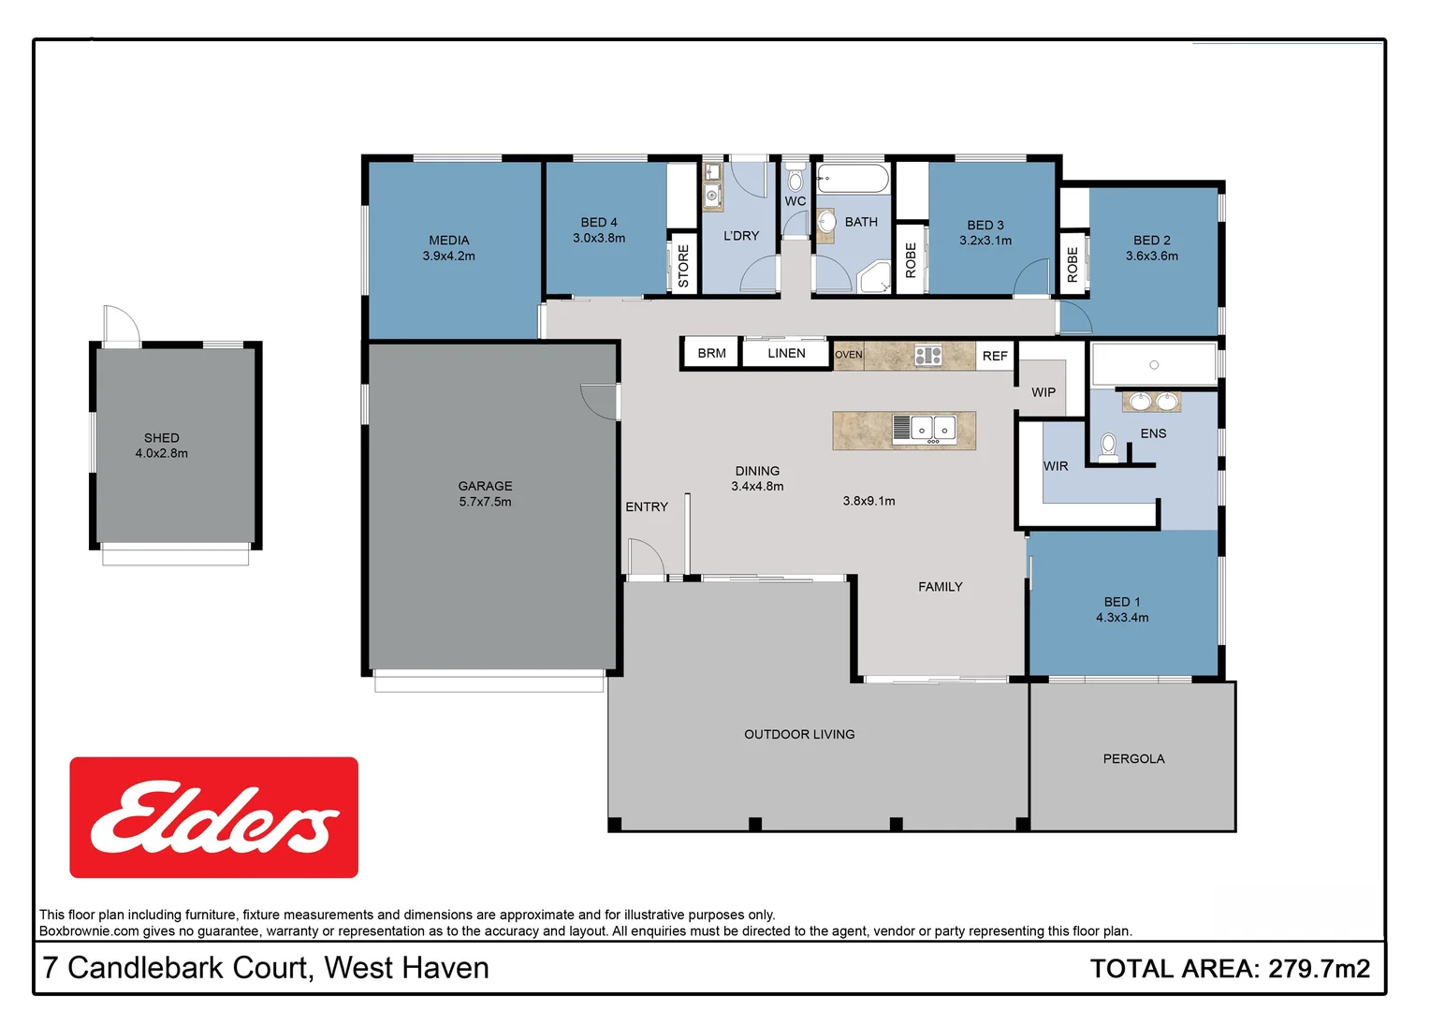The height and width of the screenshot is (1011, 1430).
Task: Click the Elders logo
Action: click(x=213, y=817)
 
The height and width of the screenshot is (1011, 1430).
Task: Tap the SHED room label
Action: click(x=161, y=438)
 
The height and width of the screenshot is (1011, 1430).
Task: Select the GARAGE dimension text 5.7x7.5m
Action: click(x=485, y=502)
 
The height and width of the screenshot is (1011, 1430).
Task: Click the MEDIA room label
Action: click(x=448, y=241)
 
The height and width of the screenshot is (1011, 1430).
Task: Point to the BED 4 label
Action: click(x=599, y=223)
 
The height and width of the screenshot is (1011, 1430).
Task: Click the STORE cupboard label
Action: click(x=683, y=265)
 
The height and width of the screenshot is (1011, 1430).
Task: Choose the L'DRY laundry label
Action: click(x=741, y=236)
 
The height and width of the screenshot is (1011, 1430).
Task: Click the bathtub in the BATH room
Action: click(x=853, y=178)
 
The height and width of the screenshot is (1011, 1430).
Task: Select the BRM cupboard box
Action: click(x=711, y=354)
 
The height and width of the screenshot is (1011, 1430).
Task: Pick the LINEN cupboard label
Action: click(x=786, y=354)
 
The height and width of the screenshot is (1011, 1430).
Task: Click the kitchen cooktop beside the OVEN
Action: click(x=928, y=356)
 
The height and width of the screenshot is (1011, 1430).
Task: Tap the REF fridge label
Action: click(x=995, y=357)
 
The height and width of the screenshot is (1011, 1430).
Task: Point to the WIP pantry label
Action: click(x=1043, y=392)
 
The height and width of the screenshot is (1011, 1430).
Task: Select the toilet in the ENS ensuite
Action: click(x=1108, y=447)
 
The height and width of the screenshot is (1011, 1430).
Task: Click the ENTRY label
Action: click(x=647, y=507)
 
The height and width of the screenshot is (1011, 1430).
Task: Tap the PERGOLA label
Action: click(x=1133, y=759)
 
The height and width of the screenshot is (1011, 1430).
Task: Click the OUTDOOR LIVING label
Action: click(x=799, y=735)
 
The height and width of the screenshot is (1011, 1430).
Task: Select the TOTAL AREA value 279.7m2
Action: click(x=1319, y=969)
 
